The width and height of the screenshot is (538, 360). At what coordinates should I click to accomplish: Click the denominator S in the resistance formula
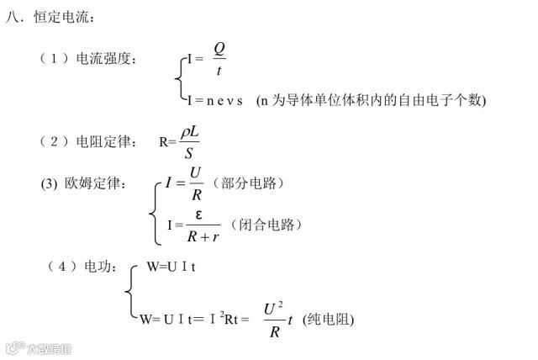(189, 154)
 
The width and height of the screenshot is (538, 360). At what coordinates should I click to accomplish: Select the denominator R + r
(202, 236)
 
